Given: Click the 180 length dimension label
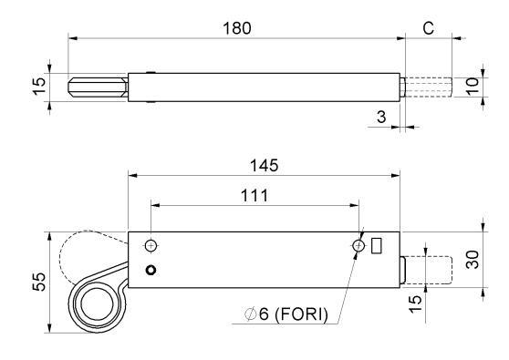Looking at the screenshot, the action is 237,28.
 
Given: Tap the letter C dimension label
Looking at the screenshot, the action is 428,28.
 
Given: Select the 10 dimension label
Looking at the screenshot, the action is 473,86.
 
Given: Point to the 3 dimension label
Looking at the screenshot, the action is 381,117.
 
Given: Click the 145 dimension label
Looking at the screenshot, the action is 264,165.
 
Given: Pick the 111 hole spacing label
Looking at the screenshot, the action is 254,196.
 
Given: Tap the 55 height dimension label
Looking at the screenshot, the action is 39,282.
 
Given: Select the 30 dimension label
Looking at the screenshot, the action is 473,260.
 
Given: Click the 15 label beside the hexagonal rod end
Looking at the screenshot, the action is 39,86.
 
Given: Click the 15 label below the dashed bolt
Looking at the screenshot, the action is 415,303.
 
